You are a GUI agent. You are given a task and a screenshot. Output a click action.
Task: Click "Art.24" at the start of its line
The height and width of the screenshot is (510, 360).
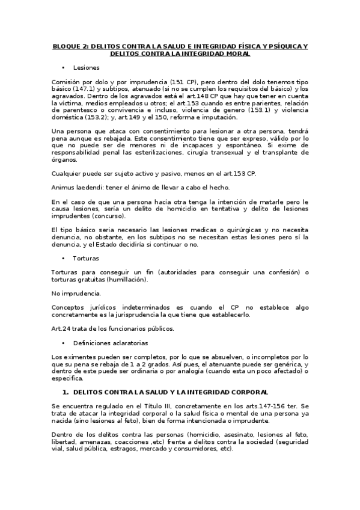tap(61, 328)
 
